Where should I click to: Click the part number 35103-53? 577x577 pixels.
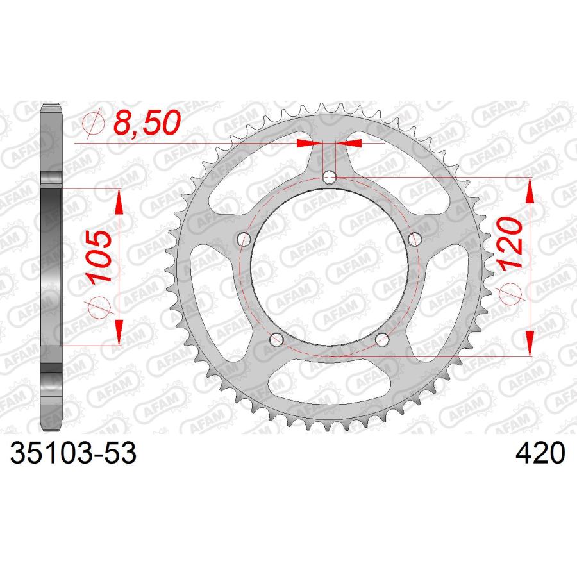[x=73, y=453]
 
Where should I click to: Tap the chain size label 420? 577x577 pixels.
[x=540, y=453]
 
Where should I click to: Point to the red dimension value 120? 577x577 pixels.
[x=510, y=243]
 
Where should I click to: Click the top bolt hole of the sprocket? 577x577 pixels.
[x=330, y=178]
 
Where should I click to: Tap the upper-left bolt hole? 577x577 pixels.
[x=244, y=240]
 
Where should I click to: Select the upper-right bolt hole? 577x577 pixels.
[x=415, y=239]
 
